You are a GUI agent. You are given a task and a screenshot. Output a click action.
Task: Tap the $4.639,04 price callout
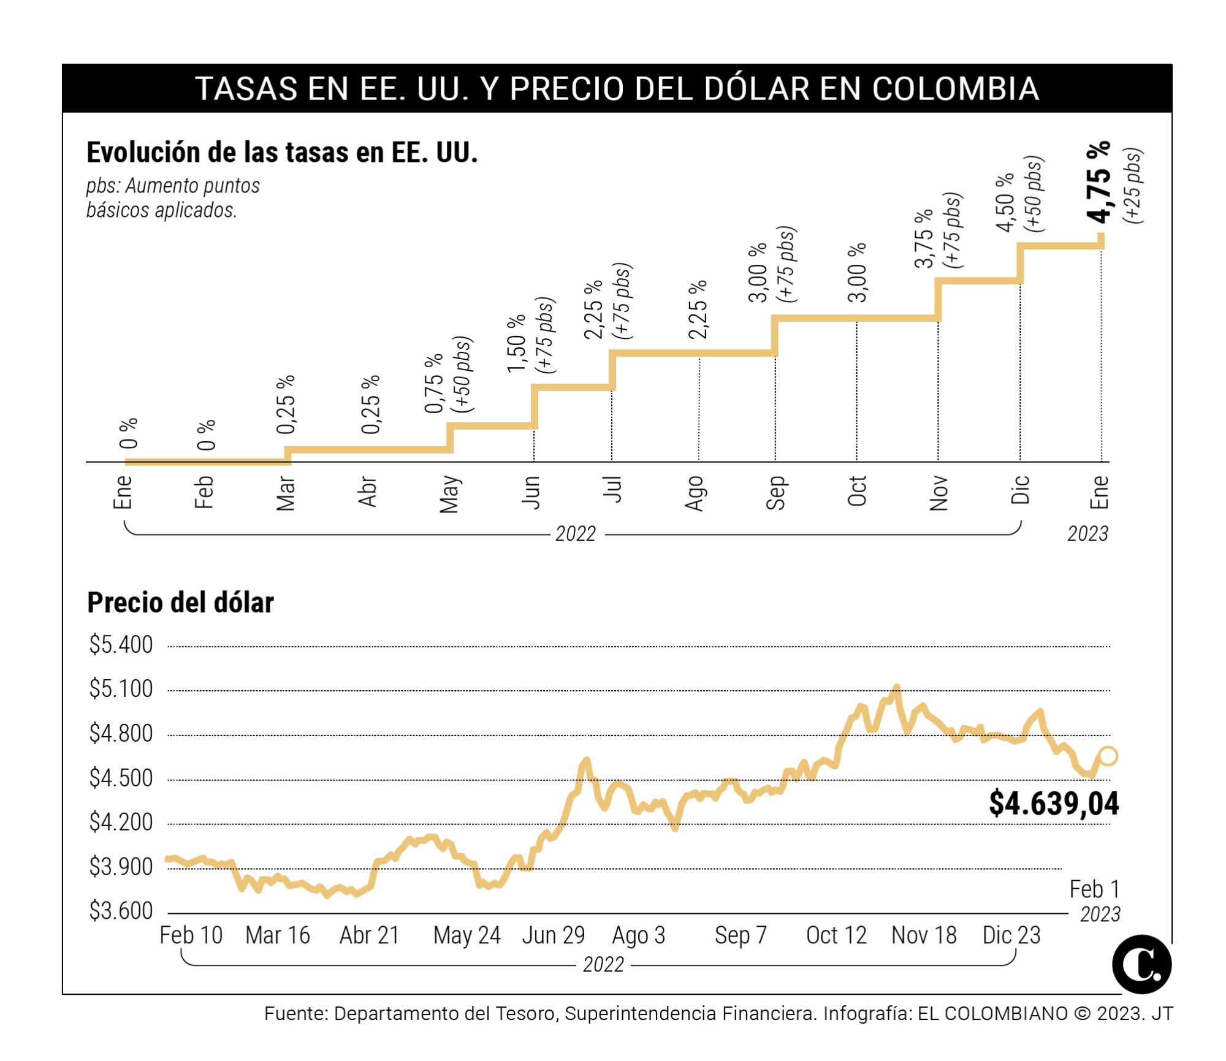1054,804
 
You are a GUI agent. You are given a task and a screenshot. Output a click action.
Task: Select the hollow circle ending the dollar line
1108,756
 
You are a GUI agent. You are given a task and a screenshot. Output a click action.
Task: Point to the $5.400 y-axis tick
121,645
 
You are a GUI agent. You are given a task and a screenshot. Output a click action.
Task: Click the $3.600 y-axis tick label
121,911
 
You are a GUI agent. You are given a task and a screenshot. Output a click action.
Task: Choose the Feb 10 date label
191,935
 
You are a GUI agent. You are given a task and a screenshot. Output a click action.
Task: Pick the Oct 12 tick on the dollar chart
836,935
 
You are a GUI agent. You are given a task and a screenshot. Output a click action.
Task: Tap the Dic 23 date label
1011,935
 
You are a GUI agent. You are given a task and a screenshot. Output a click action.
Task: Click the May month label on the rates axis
449,493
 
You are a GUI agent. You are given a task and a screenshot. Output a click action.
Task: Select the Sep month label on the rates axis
775,493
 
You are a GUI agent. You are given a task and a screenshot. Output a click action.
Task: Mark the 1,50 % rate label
517,343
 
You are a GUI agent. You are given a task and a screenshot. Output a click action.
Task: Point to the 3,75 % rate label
923,240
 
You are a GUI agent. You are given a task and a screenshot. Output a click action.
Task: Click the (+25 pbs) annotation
1133,185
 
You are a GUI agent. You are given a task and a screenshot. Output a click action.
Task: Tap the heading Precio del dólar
180,603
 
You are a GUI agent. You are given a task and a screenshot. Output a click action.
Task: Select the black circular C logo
1141,964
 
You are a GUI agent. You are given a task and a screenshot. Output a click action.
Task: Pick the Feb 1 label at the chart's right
1094,889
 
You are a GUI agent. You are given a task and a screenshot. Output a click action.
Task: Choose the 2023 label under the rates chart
1087,534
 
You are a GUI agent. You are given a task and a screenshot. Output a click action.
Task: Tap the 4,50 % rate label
1005,203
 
